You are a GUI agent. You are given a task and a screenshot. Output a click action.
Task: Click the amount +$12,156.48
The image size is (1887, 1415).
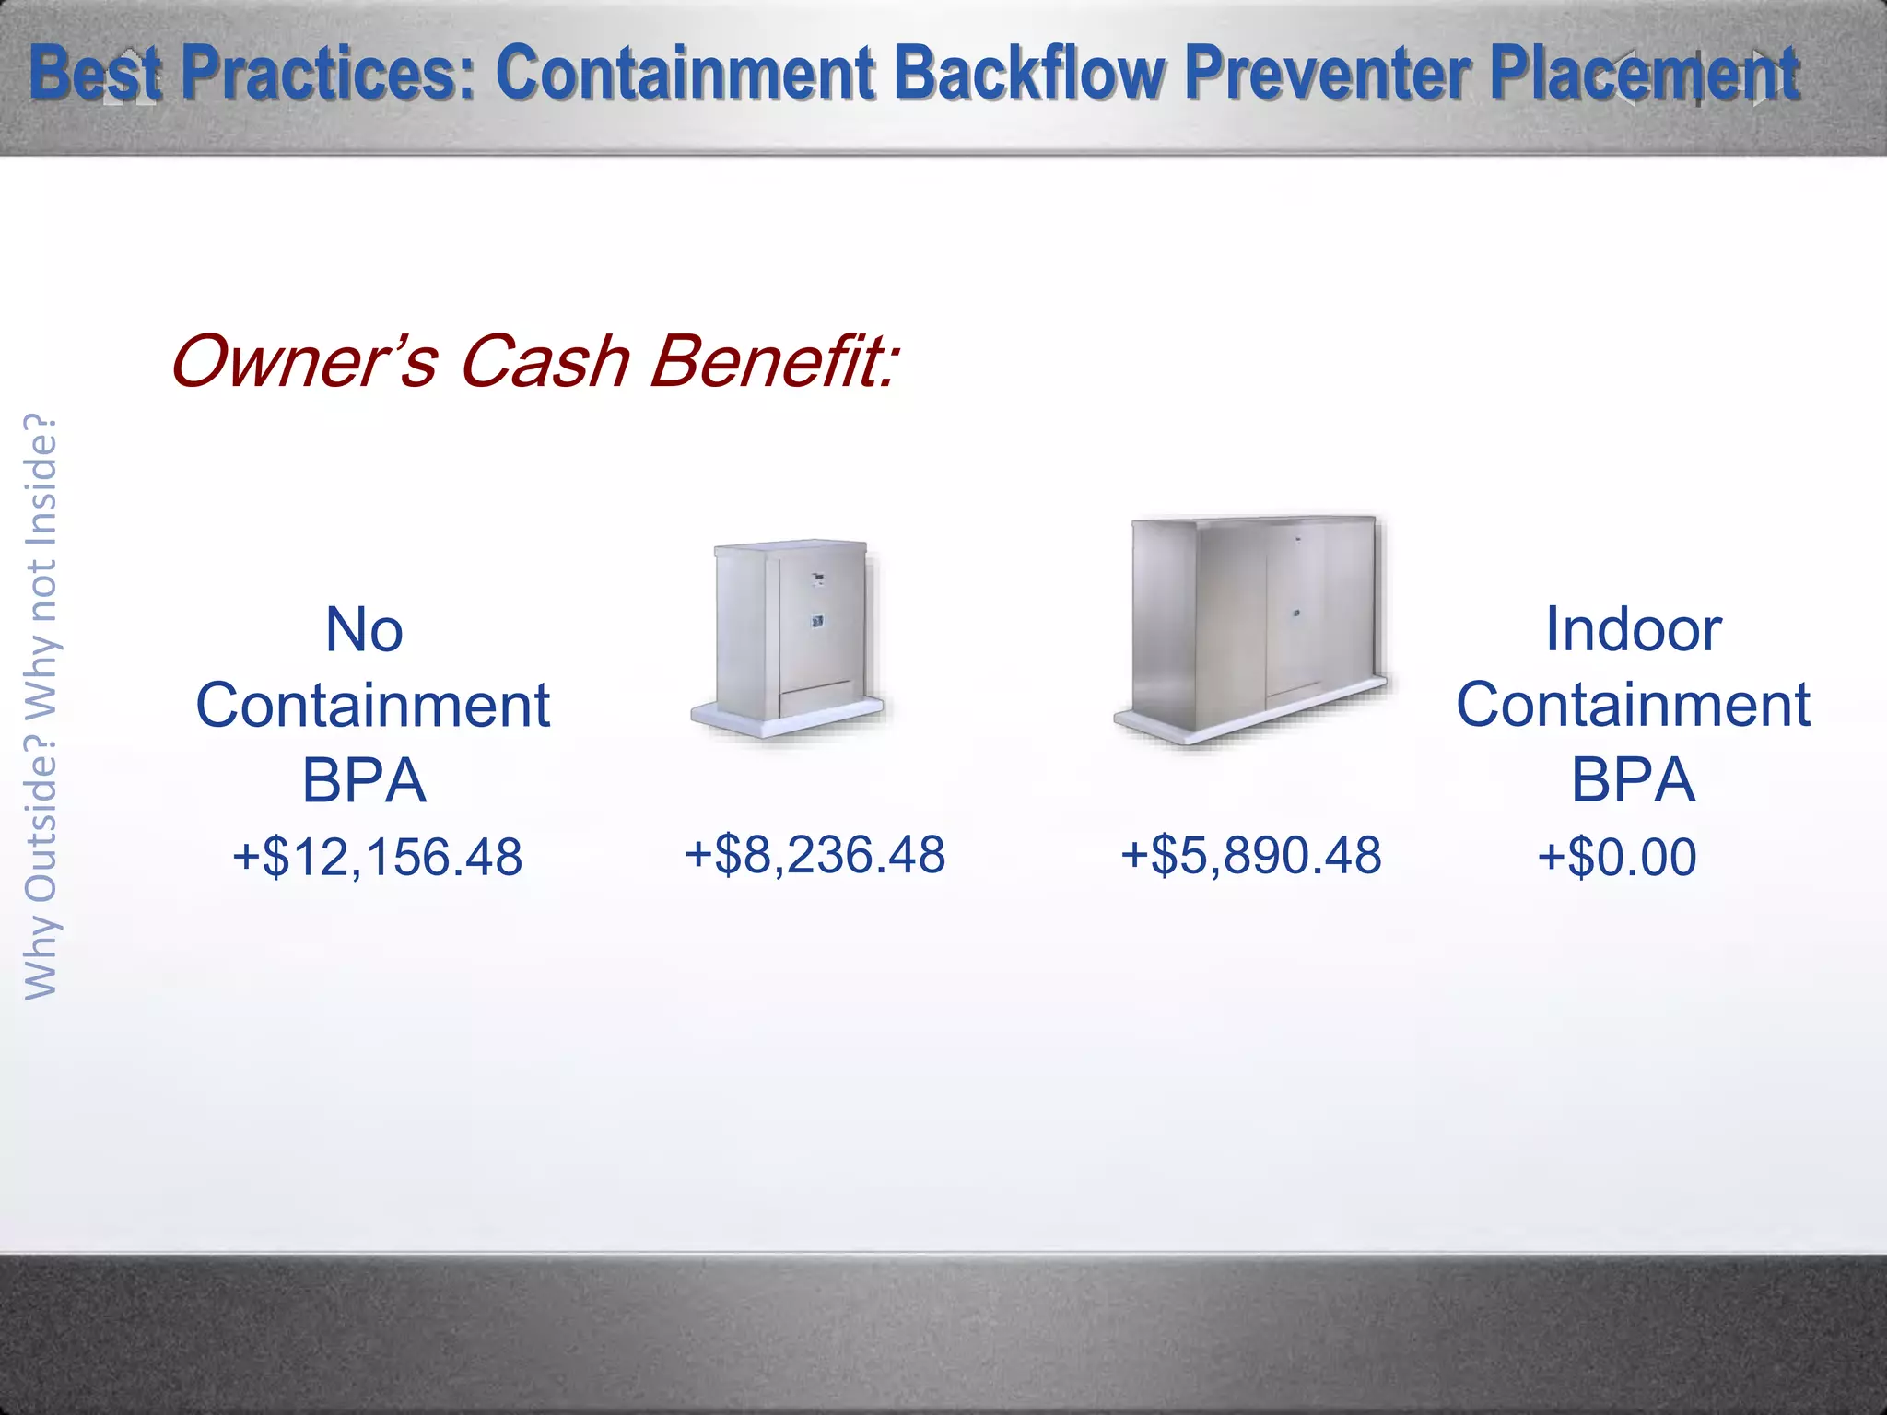tap(378, 857)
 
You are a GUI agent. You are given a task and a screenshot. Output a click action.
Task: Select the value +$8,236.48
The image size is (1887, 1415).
tap(815, 854)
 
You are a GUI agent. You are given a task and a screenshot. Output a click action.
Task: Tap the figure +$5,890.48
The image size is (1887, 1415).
tap(1250, 855)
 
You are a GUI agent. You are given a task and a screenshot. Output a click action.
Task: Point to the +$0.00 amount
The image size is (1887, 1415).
tap(1616, 857)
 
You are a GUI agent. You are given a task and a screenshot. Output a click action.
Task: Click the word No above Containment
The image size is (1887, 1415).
tap(365, 630)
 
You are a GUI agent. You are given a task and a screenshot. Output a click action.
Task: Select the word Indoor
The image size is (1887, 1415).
tap(1633, 630)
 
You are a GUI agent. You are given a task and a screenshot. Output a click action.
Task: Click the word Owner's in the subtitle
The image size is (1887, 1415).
tap(304, 361)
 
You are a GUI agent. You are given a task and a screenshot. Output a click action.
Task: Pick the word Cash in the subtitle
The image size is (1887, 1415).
tap(544, 361)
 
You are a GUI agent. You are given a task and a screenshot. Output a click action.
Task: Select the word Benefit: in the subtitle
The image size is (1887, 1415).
tap(772, 361)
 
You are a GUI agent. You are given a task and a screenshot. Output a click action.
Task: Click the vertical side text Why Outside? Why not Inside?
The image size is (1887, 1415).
tap(41, 707)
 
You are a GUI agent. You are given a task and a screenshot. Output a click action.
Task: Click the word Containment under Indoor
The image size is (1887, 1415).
tap(1633, 706)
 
